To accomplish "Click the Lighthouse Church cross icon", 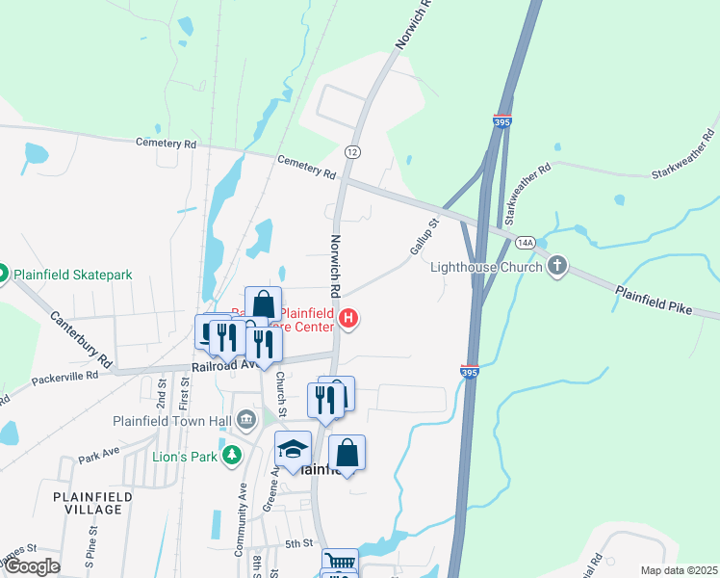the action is click(556, 266).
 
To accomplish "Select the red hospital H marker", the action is click(348, 317).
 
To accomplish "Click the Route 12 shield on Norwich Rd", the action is click(352, 152).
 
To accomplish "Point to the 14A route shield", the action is click(525, 243).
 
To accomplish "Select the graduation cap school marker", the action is click(293, 449).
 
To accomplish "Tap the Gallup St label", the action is click(424, 236).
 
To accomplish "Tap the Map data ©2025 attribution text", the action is click(678, 570).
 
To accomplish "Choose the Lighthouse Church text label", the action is click(487, 267).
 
